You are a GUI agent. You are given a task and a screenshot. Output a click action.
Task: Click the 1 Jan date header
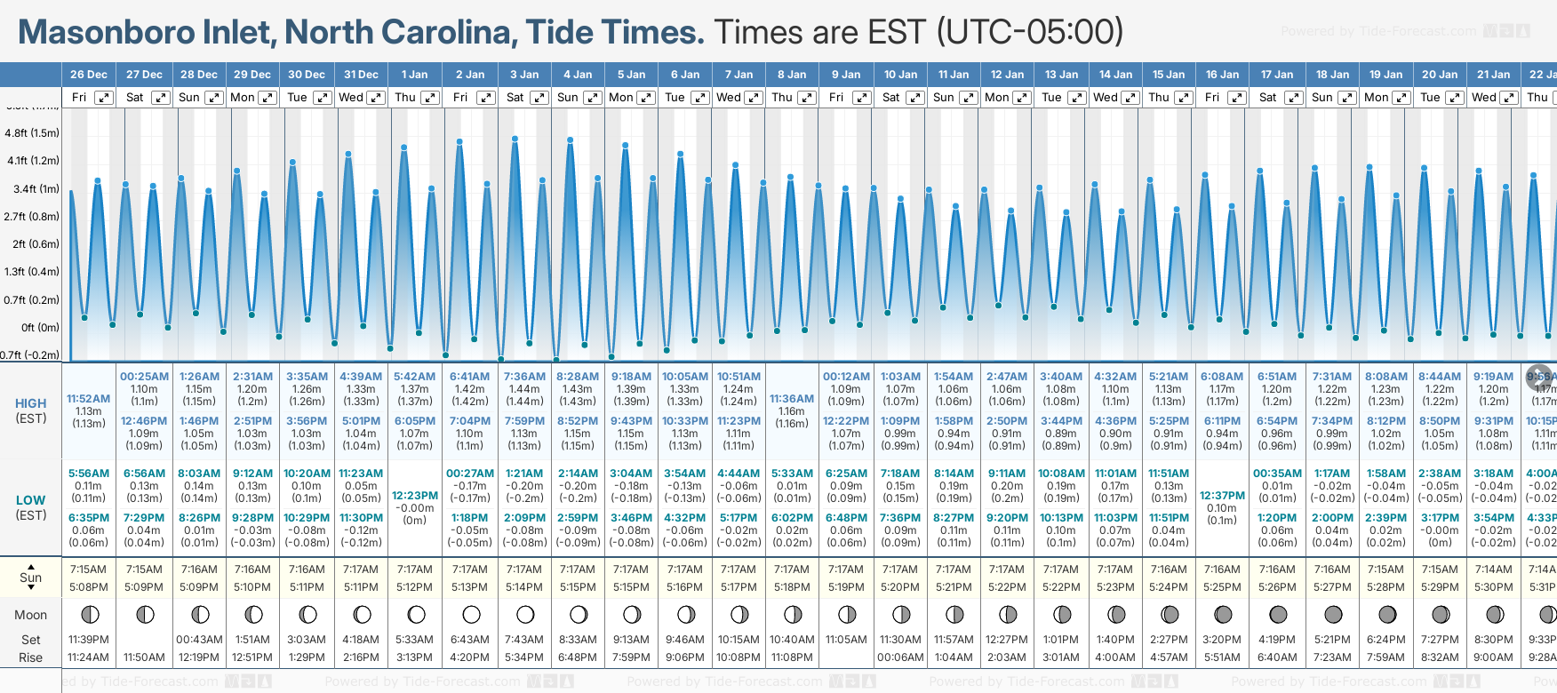click(414, 75)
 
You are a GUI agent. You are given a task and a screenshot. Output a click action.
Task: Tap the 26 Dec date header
click(89, 75)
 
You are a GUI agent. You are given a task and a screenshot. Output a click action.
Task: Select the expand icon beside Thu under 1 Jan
click(430, 98)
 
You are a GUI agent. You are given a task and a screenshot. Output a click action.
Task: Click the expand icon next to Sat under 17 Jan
click(1294, 98)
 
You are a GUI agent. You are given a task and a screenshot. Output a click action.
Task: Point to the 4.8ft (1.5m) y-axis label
click(32, 133)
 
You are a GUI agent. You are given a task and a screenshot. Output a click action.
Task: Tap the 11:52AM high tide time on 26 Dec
click(89, 399)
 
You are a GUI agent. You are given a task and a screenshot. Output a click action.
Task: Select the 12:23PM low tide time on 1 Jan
click(415, 496)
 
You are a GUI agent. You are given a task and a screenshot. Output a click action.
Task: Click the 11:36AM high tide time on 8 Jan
click(792, 399)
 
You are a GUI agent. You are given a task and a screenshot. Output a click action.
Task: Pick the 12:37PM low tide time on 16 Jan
click(1222, 496)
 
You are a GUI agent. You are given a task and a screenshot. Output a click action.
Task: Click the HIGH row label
click(31, 403)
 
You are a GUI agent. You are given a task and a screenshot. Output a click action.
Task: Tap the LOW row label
click(31, 500)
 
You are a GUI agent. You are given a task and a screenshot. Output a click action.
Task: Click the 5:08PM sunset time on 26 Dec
click(89, 587)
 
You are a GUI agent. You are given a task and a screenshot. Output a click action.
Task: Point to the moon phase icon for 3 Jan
click(525, 614)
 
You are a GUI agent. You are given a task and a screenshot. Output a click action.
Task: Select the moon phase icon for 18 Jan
click(1333, 614)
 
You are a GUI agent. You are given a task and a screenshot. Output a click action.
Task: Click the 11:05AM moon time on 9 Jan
click(846, 640)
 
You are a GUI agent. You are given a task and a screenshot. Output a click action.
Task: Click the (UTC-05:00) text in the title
click(1030, 32)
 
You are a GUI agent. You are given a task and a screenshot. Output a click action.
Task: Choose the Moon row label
click(31, 615)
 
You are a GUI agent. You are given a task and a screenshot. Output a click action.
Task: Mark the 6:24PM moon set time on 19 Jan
click(1386, 640)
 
